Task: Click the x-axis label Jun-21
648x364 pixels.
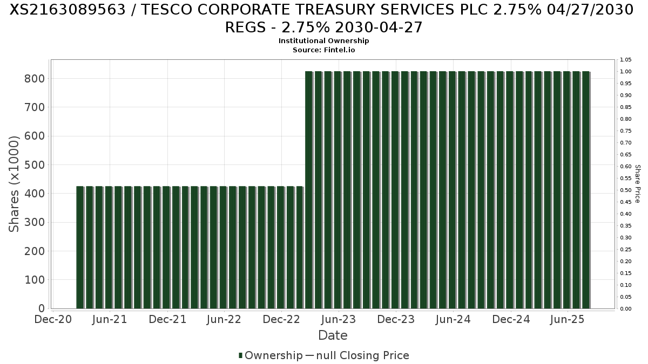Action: [110, 319]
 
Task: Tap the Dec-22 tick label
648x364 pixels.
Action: [281, 319]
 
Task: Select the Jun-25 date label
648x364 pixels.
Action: [567, 319]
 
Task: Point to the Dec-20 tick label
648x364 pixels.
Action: [52, 319]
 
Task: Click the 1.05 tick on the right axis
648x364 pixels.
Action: [626, 60]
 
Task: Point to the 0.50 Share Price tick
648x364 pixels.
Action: [626, 190]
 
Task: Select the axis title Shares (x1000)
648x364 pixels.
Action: [15, 184]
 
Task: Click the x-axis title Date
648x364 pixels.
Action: [333, 335]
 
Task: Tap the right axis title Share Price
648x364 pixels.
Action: [637, 184]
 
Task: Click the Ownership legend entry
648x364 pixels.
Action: [271, 355]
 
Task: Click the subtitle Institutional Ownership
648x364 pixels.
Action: [323, 41]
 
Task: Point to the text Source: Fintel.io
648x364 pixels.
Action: [323, 50]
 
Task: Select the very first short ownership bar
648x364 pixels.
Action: [80, 248]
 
